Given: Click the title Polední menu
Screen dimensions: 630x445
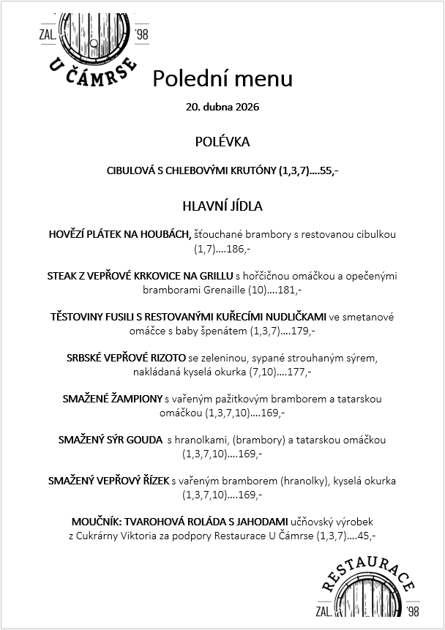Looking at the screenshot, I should click(x=222, y=78).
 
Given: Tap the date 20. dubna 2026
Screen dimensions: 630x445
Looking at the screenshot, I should click(x=222, y=107).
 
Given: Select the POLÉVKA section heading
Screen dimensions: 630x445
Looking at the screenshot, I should click(x=222, y=141).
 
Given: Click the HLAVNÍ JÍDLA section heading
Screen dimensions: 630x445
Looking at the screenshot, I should click(x=222, y=206).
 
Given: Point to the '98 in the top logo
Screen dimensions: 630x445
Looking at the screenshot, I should click(x=141, y=34).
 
